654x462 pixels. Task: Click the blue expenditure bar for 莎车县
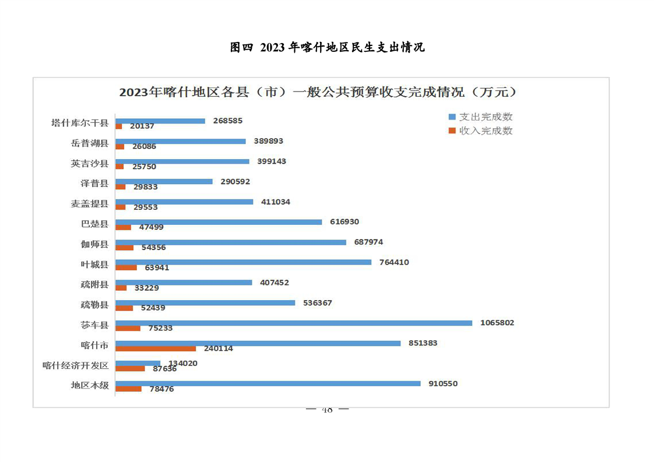(x=293, y=323)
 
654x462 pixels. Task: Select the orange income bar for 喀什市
(x=155, y=348)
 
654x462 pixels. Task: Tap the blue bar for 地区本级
(x=268, y=383)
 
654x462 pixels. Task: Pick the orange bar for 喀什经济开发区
(x=130, y=368)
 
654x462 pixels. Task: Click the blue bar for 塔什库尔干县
(x=160, y=121)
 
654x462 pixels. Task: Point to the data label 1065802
(x=497, y=323)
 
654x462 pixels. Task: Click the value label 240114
(x=218, y=348)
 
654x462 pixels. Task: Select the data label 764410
(x=394, y=262)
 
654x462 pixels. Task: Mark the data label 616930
(x=344, y=222)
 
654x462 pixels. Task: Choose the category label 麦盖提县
(x=89, y=203)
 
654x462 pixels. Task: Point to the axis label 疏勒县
(x=94, y=304)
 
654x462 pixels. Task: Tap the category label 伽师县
(x=94, y=244)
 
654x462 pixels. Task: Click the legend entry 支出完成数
(x=486, y=117)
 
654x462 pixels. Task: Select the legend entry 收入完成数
(x=486, y=131)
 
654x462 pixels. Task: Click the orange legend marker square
(x=452, y=131)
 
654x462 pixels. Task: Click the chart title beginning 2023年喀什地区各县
(x=318, y=93)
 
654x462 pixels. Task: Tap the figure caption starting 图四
(x=327, y=48)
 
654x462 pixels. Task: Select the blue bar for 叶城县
(x=243, y=262)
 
